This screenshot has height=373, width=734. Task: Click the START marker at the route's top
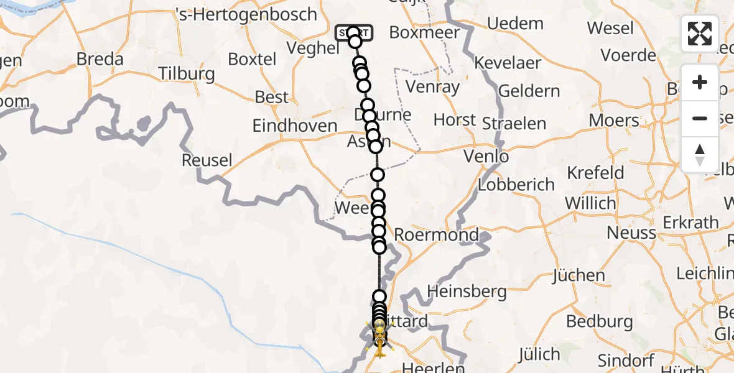tap(354, 33)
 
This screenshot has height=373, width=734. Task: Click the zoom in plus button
tap(700, 83)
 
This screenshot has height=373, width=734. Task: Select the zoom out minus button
tap(700, 118)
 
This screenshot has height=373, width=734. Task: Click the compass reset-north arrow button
tap(700, 155)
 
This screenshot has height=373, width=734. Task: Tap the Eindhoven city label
tap(295, 126)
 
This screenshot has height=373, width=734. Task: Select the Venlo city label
tap(486, 157)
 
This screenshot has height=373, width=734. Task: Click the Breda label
tap(100, 60)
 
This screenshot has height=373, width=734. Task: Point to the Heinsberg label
tap(464, 290)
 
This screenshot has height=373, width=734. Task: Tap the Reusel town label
tap(207, 160)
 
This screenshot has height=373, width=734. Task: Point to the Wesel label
tap(610, 29)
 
